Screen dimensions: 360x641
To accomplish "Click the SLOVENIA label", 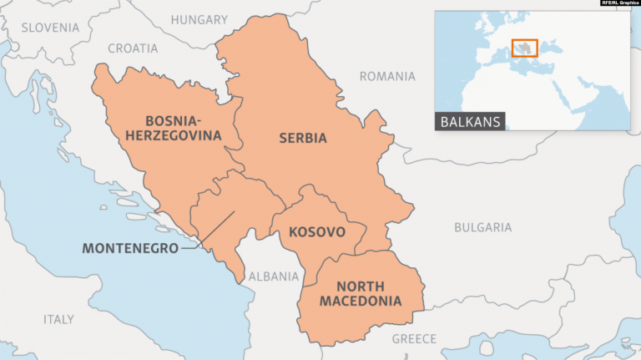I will pos(50,28).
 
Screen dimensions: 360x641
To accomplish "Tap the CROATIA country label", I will pos(133,48).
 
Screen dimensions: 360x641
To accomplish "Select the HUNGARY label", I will pos(199,19).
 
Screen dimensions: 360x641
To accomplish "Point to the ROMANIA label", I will pos(387,76).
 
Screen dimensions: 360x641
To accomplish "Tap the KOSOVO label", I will pos(317,231).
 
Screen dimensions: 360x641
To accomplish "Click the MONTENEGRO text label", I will pos(130,248).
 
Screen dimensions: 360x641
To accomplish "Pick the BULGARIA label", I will pos(482,226).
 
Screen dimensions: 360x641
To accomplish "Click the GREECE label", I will pos(414,338).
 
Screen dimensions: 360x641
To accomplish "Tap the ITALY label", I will pos(58,319).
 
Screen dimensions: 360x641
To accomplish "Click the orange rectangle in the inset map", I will pos(524,48).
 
